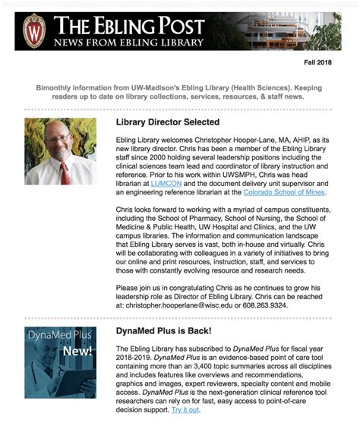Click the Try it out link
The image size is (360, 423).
[x=185, y=409]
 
